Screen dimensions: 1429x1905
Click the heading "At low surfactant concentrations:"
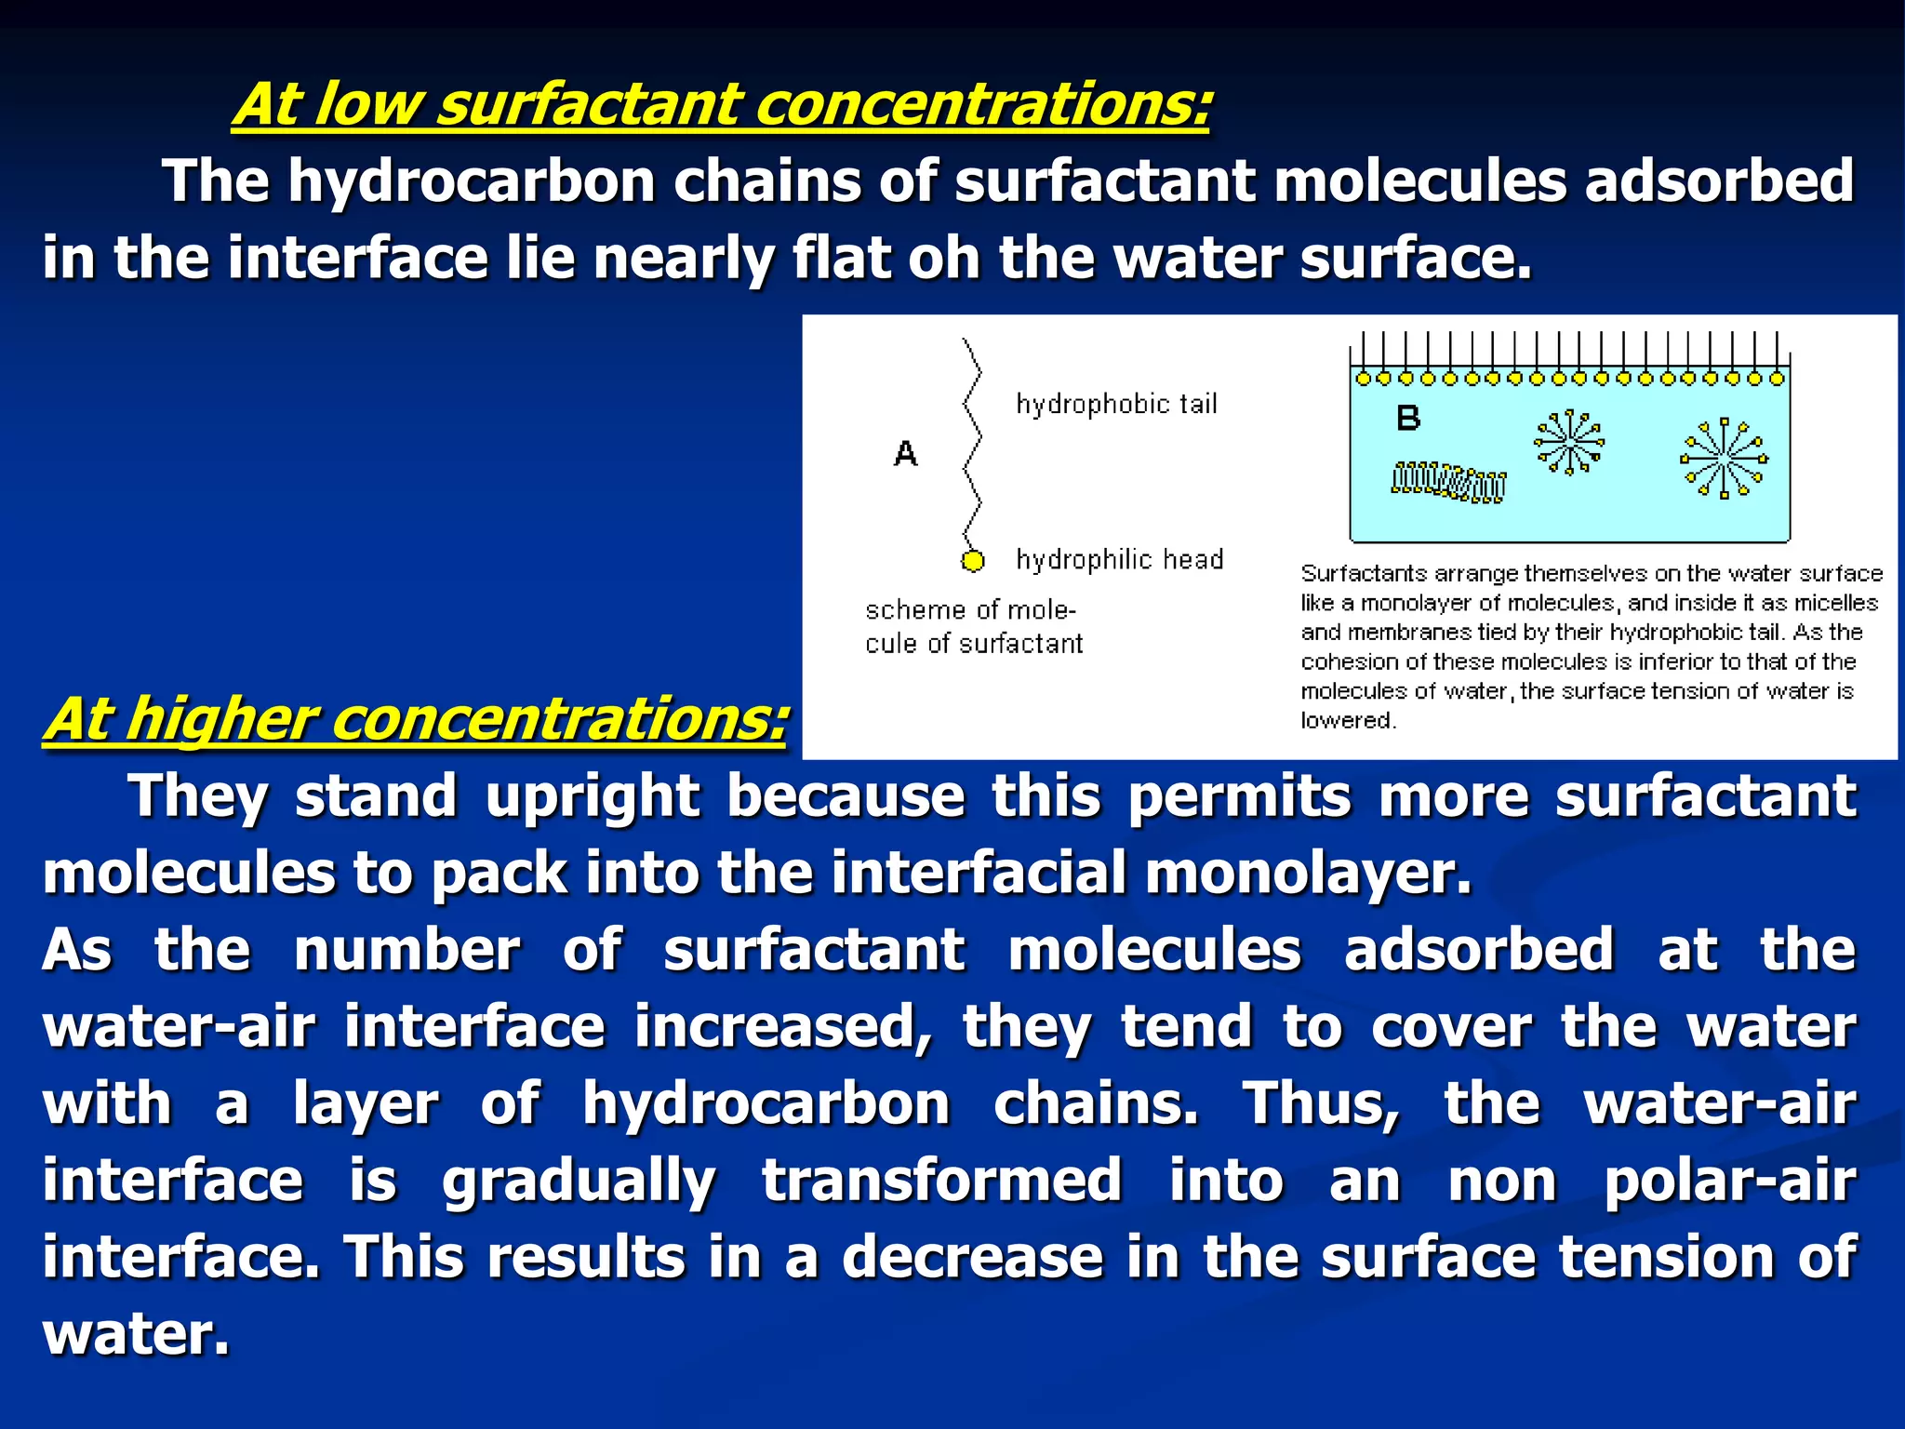(721, 104)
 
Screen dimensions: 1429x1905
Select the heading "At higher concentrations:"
(415, 719)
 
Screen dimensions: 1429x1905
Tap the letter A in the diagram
(905, 454)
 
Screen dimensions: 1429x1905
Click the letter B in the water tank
(1408, 419)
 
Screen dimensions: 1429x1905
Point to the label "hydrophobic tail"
(1116, 405)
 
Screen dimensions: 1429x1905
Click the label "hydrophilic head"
(1119, 560)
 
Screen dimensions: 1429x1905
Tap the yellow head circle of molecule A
(972, 561)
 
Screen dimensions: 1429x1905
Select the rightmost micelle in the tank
(1724, 458)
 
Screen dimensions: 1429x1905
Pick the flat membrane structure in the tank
(1448, 482)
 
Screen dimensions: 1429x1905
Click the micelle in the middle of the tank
(1569, 441)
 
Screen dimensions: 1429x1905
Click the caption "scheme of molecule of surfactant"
(973, 627)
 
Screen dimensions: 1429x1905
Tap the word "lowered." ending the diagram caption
(1348, 721)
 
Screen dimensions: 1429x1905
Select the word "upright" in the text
(592, 797)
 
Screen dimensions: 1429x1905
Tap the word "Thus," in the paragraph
(1322, 1104)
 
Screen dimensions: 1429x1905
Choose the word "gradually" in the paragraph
(579, 1182)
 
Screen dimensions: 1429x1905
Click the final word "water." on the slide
(136, 1334)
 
